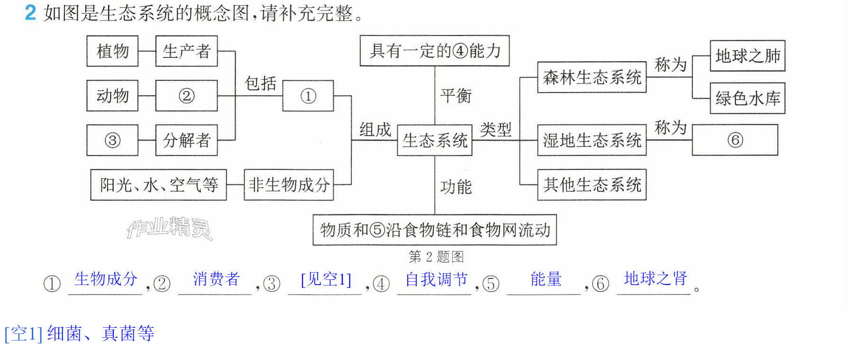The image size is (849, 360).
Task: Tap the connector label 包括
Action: pos(260,83)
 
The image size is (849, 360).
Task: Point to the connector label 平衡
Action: pos(456,96)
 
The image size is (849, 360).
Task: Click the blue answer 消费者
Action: pos(216,279)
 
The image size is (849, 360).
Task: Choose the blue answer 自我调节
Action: pos(436,279)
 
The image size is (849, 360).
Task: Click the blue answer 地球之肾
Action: pos(656,278)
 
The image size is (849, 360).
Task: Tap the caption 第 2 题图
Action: pos(436,257)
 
